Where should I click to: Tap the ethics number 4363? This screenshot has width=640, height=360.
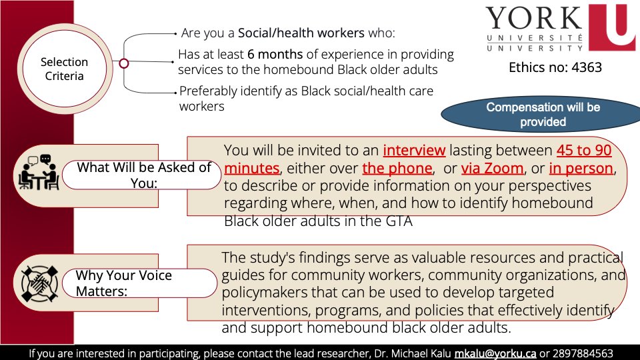click(x=555, y=67)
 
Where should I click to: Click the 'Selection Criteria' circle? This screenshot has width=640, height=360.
click(x=64, y=69)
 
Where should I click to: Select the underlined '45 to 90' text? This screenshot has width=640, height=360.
click(x=583, y=151)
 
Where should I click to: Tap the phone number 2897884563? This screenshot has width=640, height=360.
click(x=583, y=353)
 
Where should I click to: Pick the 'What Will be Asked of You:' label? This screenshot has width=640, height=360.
click(x=144, y=175)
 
